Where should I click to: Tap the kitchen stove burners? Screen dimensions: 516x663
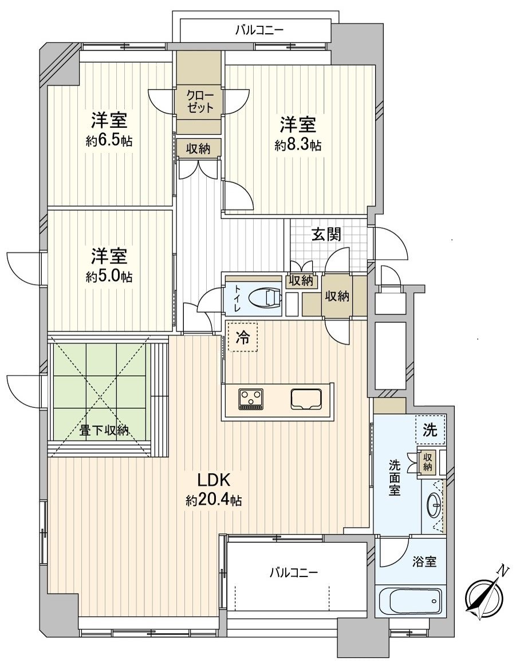(x=251, y=398)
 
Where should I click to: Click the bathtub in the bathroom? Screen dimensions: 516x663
(x=411, y=601)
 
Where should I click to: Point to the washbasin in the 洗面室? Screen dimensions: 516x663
(x=433, y=505)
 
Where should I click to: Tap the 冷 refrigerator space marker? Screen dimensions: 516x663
(x=243, y=336)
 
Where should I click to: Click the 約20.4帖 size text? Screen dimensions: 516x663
(x=214, y=501)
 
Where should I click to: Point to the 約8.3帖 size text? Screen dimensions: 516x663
(x=298, y=146)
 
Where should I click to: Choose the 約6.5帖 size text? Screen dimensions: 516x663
(x=109, y=141)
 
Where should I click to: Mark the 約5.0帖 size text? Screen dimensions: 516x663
(x=109, y=277)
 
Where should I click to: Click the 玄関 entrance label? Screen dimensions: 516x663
(x=326, y=234)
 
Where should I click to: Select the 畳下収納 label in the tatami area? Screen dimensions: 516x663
(x=104, y=431)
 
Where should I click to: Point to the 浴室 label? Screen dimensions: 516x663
(x=424, y=562)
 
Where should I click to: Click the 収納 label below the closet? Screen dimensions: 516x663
(x=199, y=149)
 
